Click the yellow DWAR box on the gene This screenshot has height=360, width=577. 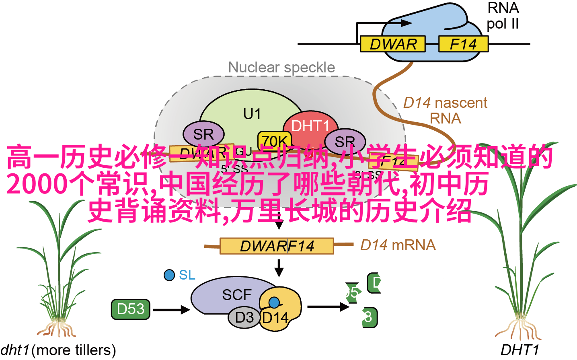[392, 44]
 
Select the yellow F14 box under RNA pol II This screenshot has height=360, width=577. [463, 44]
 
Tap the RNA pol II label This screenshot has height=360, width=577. [503, 16]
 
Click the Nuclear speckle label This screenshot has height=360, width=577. [281, 68]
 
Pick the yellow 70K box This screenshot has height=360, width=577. [275, 140]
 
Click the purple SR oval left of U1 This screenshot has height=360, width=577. [203, 134]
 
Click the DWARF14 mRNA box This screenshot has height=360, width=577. [277, 246]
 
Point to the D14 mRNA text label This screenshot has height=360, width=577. [398, 245]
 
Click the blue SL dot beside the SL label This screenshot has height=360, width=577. [169, 275]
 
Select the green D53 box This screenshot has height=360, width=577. [131, 309]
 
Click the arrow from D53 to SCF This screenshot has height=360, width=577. [171, 309]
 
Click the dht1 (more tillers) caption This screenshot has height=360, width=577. [58, 350]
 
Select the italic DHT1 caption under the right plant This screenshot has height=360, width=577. [519, 350]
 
